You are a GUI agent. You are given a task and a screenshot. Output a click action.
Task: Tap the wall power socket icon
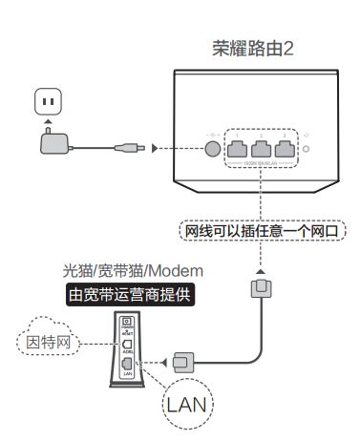click(x=48, y=100)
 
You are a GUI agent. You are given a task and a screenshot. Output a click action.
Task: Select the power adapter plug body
click(x=54, y=143)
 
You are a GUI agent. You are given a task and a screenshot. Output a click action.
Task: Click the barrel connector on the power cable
click(x=127, y=148)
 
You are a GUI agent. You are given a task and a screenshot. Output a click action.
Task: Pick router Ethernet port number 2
click(x=261, y=146)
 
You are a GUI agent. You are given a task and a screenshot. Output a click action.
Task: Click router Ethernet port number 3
click(x=284, y=146)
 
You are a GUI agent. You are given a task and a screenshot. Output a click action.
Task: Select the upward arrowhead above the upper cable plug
click(x=258, y=272)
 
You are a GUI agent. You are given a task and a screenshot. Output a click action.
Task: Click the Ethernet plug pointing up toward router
click(x=258, y=288)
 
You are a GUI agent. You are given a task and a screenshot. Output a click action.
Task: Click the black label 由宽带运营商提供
click(x=128, y=296)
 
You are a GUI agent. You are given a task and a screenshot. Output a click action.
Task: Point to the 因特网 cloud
click(x=48, y=339)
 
